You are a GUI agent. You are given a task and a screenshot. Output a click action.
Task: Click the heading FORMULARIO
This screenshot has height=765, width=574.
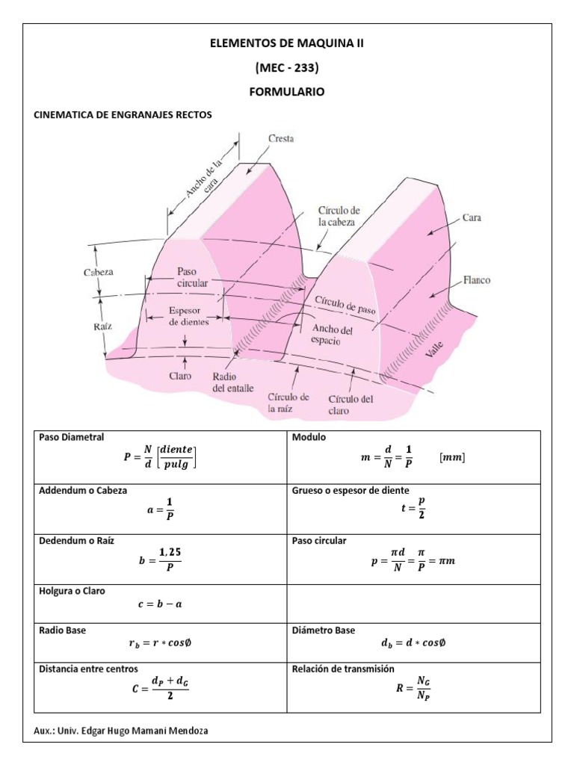pyautogui.click(x=287, y=91)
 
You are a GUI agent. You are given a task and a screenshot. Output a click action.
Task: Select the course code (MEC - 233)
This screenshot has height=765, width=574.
pyautogui.click(x=287, y=68)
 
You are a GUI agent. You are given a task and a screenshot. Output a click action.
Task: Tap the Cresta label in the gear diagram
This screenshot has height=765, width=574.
pyautogui.click(x=280, y=139)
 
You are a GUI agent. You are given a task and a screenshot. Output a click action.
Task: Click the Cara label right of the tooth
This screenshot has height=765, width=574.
pyautogui.click(x=471, y=218)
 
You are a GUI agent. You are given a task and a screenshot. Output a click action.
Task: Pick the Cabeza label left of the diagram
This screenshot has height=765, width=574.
pyautogui.click(x=98, y=273)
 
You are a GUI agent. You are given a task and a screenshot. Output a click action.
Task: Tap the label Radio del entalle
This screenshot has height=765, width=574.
pyautogui.click(x=232, y=382)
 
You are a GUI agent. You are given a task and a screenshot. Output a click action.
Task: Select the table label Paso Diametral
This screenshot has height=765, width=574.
pyautogui.click(x=72, y=437)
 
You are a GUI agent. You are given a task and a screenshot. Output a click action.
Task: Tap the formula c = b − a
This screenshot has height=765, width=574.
pyautogui.click(x=160, y=604)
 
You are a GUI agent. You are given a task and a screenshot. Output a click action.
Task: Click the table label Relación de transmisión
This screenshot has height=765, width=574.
pyautogui.click(x=344, y=669)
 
